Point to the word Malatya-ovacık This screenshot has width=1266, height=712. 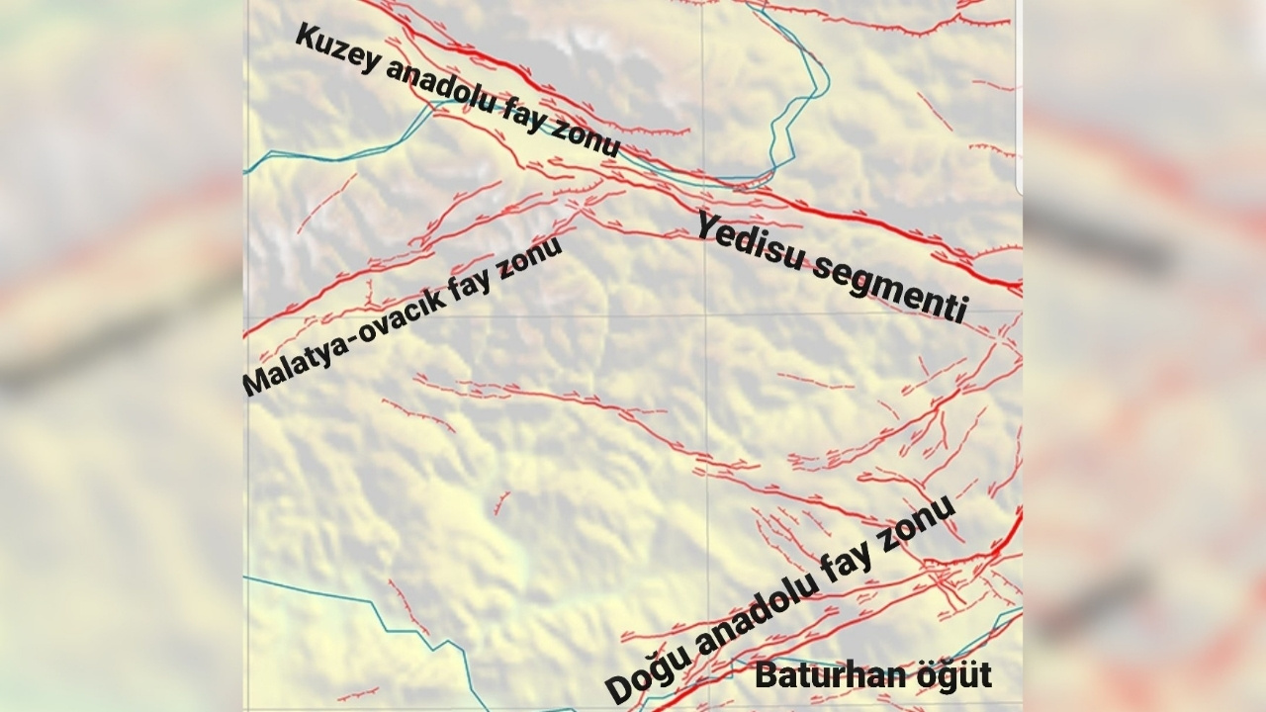point(341,342)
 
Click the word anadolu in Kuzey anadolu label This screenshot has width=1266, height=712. point(445,94)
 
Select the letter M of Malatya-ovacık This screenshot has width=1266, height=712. point(255,383)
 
